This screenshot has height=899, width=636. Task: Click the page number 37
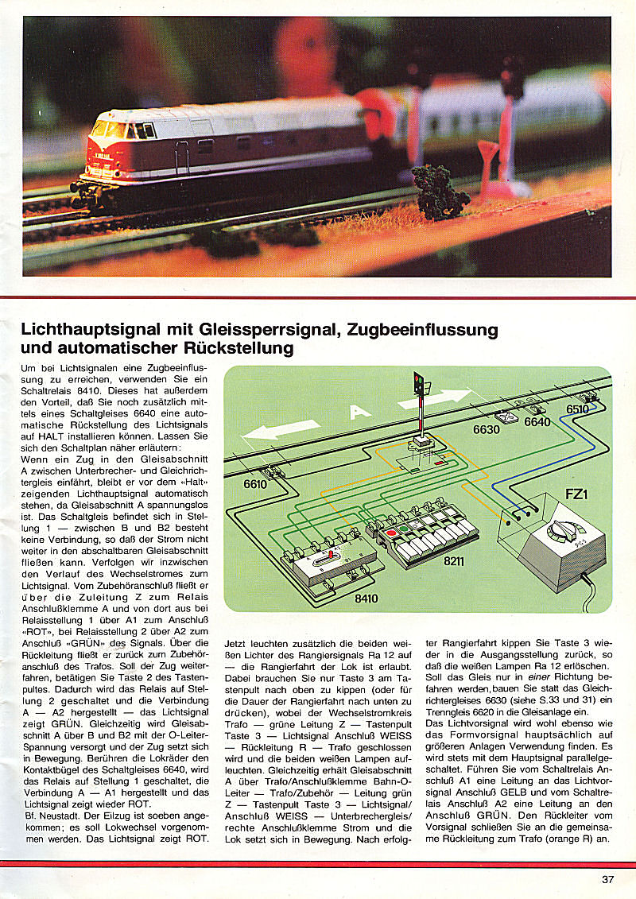click(x=607, y=879)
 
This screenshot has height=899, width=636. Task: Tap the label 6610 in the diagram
click(x=256, y=483)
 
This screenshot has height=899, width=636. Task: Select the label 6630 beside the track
click(x=487, y=430)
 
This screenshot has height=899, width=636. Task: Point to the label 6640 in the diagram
click(x=537, y=422)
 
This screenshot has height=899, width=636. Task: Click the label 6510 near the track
click(x=580, y=409)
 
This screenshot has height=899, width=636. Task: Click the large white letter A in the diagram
click(x=361, y=412)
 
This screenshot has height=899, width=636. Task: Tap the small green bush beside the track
click(x=440, y=192)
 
